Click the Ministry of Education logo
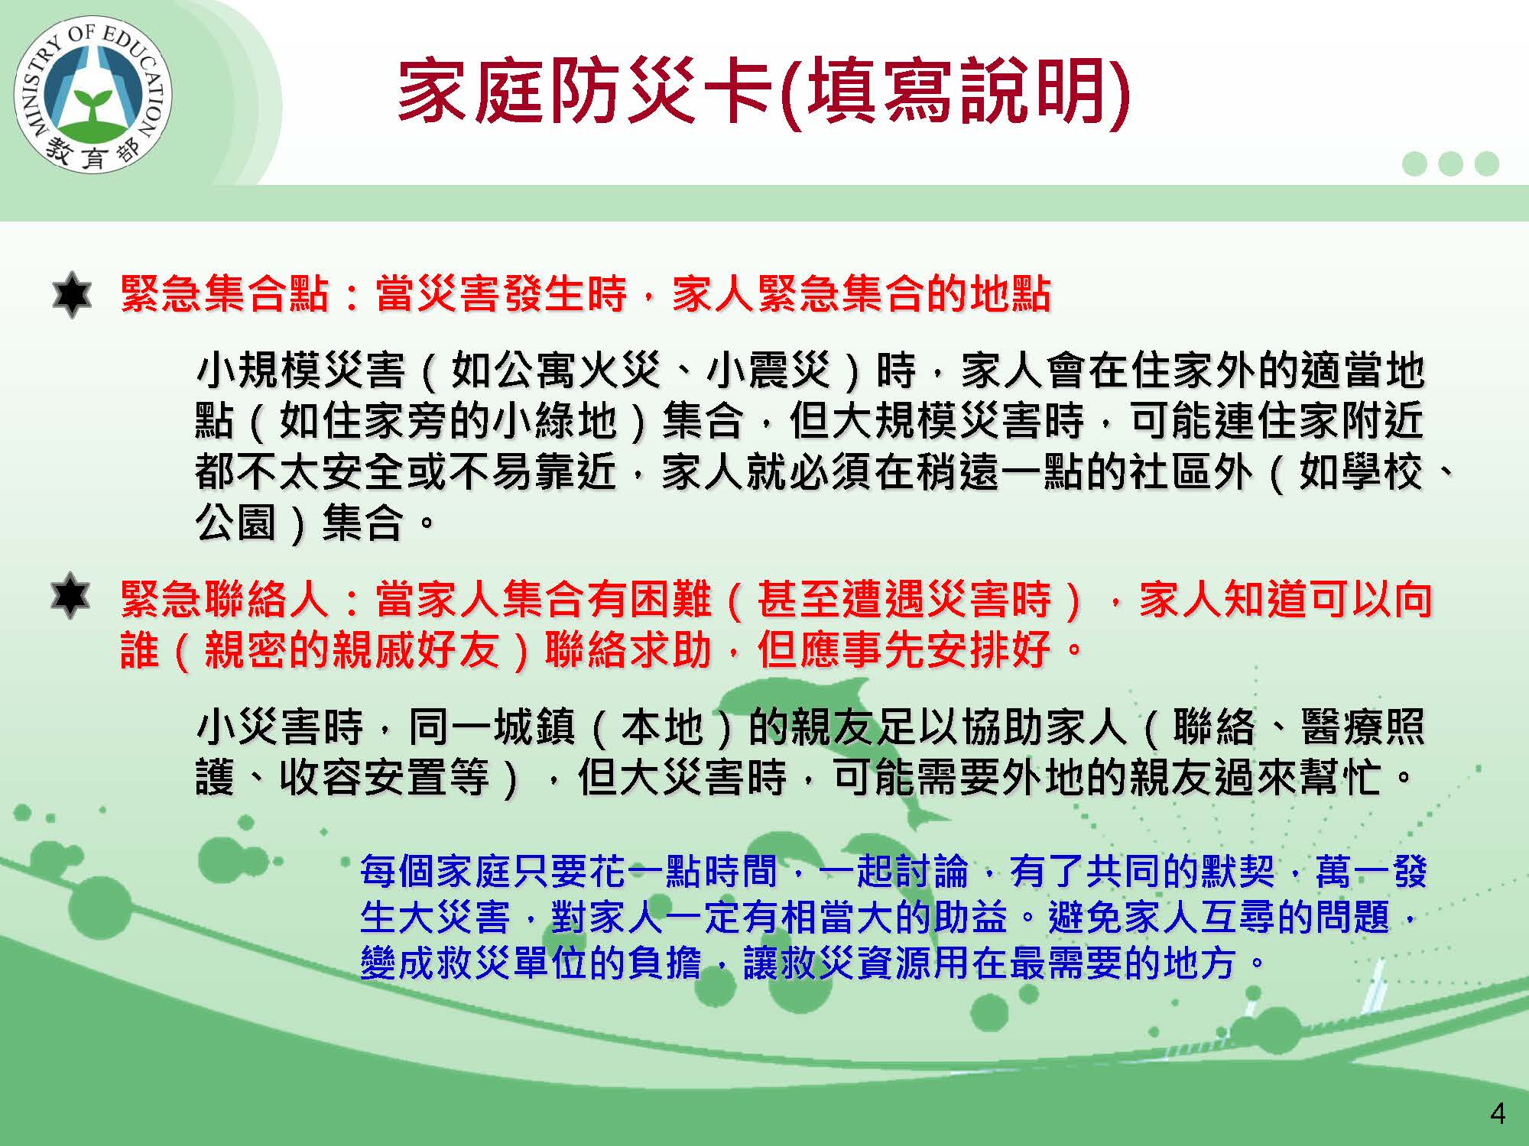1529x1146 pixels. click(93, 99)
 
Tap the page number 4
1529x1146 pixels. click(1498, 1114)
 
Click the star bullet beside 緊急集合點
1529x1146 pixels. click(72, 294)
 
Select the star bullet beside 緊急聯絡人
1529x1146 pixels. click(70, 595)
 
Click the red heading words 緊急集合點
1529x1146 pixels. click(225, 294)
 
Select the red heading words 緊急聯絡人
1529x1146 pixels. click(225, 599)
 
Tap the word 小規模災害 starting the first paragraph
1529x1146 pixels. click(300, 371)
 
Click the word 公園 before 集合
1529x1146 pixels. click(235, 523)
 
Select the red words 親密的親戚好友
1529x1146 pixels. click(352, 650)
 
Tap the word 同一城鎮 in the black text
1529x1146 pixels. click(492, 726)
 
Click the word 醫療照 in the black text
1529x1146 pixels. click(1363, 726)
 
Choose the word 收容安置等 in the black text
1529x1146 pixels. click(384, 777)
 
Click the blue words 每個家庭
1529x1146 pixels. click(436, 872)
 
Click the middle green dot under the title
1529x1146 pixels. click(1450, 163)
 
